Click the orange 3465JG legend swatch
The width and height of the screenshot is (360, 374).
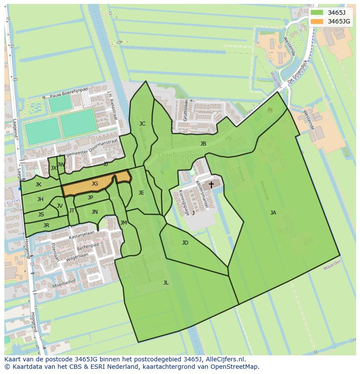317,21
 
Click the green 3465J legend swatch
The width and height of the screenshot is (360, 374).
317,13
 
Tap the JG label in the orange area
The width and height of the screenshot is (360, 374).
95,184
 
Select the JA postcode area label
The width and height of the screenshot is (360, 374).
273,212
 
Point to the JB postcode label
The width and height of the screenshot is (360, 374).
203,143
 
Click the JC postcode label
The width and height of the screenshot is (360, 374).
142,124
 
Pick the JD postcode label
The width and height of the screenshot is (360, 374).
185,242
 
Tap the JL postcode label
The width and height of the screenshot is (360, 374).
166,282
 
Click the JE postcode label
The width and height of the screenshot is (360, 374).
141,192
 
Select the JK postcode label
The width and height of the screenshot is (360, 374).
39,185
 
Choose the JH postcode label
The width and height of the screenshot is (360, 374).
40,199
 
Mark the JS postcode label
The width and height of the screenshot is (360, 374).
41,214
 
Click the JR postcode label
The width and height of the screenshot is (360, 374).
46,225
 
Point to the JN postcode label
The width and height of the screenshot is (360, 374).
95,212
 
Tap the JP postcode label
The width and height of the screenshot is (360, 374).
90,198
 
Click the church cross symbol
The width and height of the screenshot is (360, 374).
211,185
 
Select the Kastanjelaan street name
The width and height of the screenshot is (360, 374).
82,235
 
